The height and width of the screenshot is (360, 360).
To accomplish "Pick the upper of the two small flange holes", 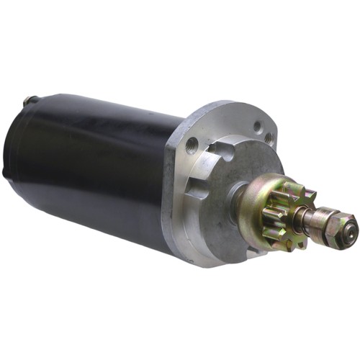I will click(x=257, y=127).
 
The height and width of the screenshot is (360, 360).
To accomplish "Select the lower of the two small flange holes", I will click(x=269, y=138).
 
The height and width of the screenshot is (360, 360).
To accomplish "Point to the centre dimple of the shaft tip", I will click(x=349, y=231).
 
